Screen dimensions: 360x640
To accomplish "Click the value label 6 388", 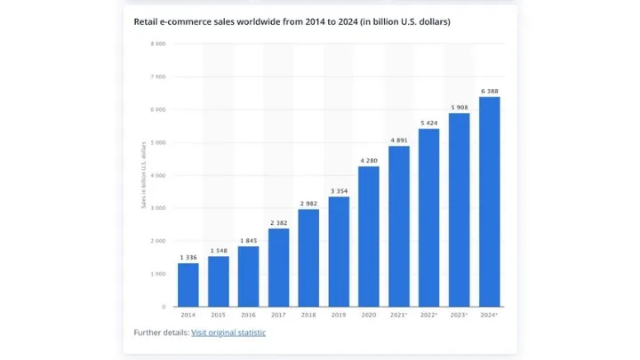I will coord(489,90).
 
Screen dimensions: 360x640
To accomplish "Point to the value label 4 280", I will coord(369,160).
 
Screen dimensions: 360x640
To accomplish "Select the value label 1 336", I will coord(188,257).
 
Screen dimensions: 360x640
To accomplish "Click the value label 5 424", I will coord(428,122).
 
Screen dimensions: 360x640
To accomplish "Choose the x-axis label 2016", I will coord(248,315).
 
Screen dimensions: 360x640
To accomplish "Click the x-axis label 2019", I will coord(339,315).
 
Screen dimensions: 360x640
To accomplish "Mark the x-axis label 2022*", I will coord(429,315).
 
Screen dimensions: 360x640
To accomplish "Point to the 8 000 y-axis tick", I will coord(158,44).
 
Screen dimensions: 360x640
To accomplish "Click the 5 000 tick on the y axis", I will coord(158,142).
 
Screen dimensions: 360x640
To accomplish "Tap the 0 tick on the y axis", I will coord(164,307).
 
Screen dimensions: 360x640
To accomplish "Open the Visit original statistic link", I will coord(228,332).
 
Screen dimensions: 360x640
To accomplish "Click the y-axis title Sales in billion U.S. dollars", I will coord(143,175).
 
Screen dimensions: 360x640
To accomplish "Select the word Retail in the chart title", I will coord(147,20).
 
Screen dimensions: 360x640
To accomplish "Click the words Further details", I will coord(160,332).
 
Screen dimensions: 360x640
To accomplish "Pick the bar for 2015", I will coord(219,281).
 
